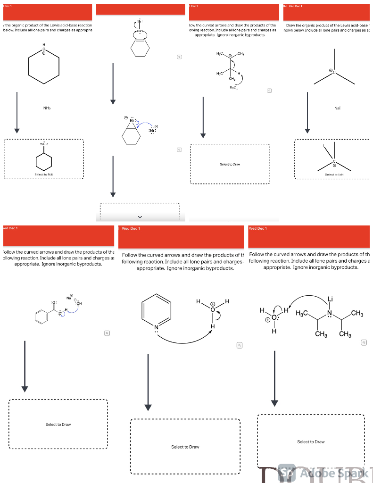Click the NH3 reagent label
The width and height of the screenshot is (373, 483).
point(47,108)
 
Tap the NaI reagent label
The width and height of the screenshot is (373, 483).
point(337,108)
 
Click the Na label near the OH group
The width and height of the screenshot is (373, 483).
point(69,298)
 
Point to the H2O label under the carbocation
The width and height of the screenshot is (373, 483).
point(232,88)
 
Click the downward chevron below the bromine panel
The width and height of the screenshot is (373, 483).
point(140,217)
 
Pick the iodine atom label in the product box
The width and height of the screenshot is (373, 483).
point(324,146)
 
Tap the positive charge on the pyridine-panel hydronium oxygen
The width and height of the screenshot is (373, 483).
point(213,303)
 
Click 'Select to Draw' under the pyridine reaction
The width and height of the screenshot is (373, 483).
point(185,447)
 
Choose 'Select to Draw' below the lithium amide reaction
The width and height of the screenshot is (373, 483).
point(311,441)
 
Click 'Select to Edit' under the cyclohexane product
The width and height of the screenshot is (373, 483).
point(43,175)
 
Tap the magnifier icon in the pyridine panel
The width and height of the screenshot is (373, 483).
point(240,345)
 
